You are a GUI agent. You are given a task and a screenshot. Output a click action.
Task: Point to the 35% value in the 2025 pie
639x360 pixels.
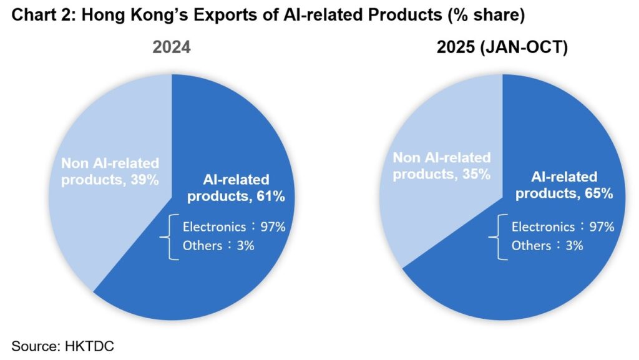pyautogui.click(x=476, y=174)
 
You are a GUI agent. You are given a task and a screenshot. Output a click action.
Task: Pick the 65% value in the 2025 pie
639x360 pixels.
pyautogui.click(x=600, y=193)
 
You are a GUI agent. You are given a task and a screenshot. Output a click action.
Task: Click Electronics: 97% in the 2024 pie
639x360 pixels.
pyautogui.click(x=234, y=226)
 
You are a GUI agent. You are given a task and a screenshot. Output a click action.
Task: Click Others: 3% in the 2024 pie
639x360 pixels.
pyautogui.click(x=218, y=245)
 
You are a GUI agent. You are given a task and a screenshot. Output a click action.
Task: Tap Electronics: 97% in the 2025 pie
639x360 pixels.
pyautogui.click(x=563, y=226)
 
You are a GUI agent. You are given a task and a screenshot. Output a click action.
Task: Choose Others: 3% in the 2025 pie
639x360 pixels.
pyautogui.click(x=547, y=245)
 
